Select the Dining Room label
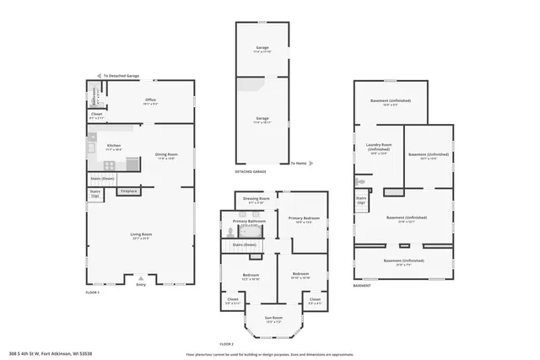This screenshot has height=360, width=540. coord(166,155)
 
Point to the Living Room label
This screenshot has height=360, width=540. coord(140,235)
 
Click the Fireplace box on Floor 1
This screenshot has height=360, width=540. coord(128,191)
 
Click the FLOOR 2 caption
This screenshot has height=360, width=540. coord(225,344)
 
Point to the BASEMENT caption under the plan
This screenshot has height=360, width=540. coord(361,286)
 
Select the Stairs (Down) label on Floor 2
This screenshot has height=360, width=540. coord(244,244)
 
